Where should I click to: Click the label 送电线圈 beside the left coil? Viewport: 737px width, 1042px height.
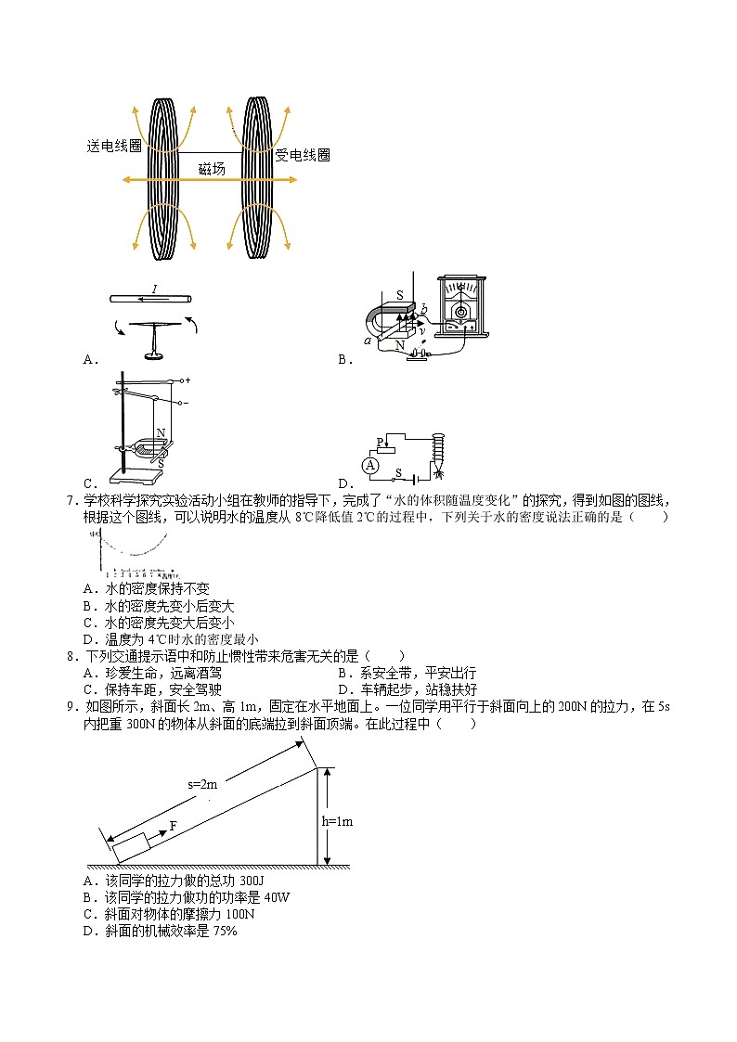[113, 147]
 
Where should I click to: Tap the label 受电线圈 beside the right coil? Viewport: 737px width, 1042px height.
[303, 155]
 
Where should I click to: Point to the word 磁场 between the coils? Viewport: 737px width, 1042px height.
[212, 169]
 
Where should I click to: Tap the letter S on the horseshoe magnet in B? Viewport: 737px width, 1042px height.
[400, 295]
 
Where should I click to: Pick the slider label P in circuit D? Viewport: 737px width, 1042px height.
[380, 442]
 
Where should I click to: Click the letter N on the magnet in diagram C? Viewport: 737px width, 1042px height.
[161, 432]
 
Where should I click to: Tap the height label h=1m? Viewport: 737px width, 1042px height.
[337, 821]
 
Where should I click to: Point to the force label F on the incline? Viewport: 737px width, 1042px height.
[173, 825]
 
